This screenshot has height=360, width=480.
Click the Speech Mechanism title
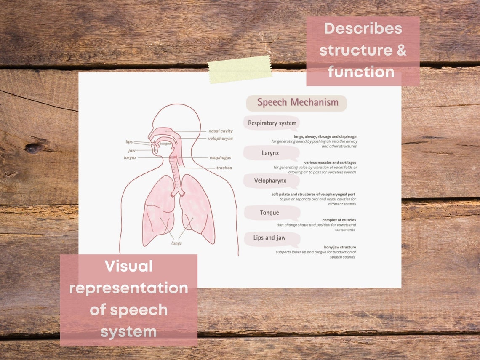(x=297, y=102)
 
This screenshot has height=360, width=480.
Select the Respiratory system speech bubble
(x=272, y=123)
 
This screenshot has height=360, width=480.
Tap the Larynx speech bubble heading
(x=270, y=153)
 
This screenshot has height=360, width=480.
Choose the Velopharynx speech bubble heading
(x=270, y=181)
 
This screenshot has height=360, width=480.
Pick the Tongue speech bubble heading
(x=269, y=213)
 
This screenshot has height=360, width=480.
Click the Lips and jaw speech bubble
(x=269, y=238)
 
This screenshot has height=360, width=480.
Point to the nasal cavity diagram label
(x=220, y=131)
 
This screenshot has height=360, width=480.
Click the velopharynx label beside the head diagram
(x=220, y=139)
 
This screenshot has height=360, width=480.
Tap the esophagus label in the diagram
(x=220, y=158)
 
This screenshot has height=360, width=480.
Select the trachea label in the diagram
(x=224, y=168)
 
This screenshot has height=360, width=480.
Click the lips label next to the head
(x=129, y=142)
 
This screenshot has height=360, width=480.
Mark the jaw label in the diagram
(x=132, y=150)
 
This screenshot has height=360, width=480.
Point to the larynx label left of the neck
(x=130, y=158)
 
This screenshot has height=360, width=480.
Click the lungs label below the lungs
(x=176, y=243)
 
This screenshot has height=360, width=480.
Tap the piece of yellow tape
(x=240, y=69)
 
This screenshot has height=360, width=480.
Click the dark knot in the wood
(x=33, y=148)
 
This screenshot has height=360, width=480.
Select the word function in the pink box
(x=361, y=72)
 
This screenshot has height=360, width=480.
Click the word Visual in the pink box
(x=128, y=266)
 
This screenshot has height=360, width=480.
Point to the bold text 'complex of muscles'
(x=339, y=220)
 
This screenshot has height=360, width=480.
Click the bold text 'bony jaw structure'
(x=340, y=247)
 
